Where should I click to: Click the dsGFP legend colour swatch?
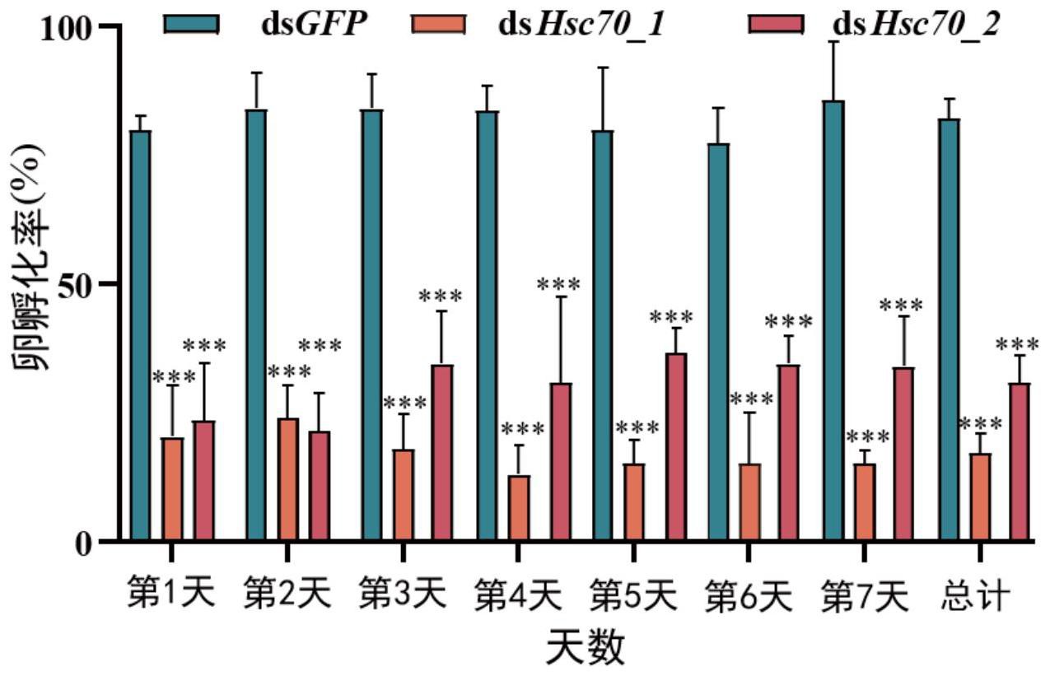pyautogui.click(x=192, y=25)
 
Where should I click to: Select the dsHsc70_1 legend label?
pyautogui.click(x=581, y=26)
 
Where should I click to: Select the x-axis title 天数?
pyautogui.click(x=586, y=647)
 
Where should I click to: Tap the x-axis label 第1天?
pyautogui.click(x=170, y=593)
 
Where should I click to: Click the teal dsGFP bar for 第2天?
pyautogui.click(x=255, y=325)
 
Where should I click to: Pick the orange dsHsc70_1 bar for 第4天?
pyautogui.click(x=519, y=508)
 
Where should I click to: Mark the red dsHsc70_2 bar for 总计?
pyautogui.click(x=1020, y=462)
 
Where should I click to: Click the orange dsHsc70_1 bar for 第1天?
pyautogui.click(x=172, y=489)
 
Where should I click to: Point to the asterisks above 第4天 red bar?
pyautogui.click(x=558, y=285)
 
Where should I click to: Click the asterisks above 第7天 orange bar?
pyautogui.click(x=868, y=436)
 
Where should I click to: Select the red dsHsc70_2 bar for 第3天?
pyautogui.click(x=442, y=453)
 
